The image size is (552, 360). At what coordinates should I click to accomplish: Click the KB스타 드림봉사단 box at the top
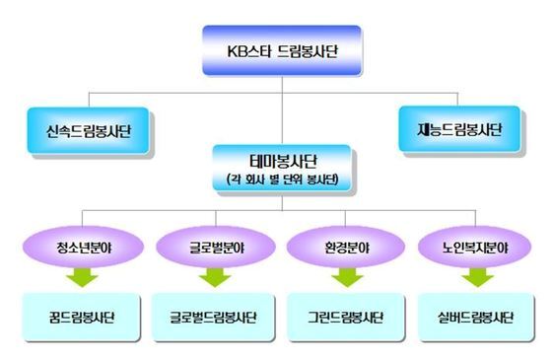click(282, 51)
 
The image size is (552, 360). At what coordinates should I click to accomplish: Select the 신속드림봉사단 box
click(90, 130)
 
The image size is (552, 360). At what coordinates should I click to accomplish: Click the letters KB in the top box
click(235, 51)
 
